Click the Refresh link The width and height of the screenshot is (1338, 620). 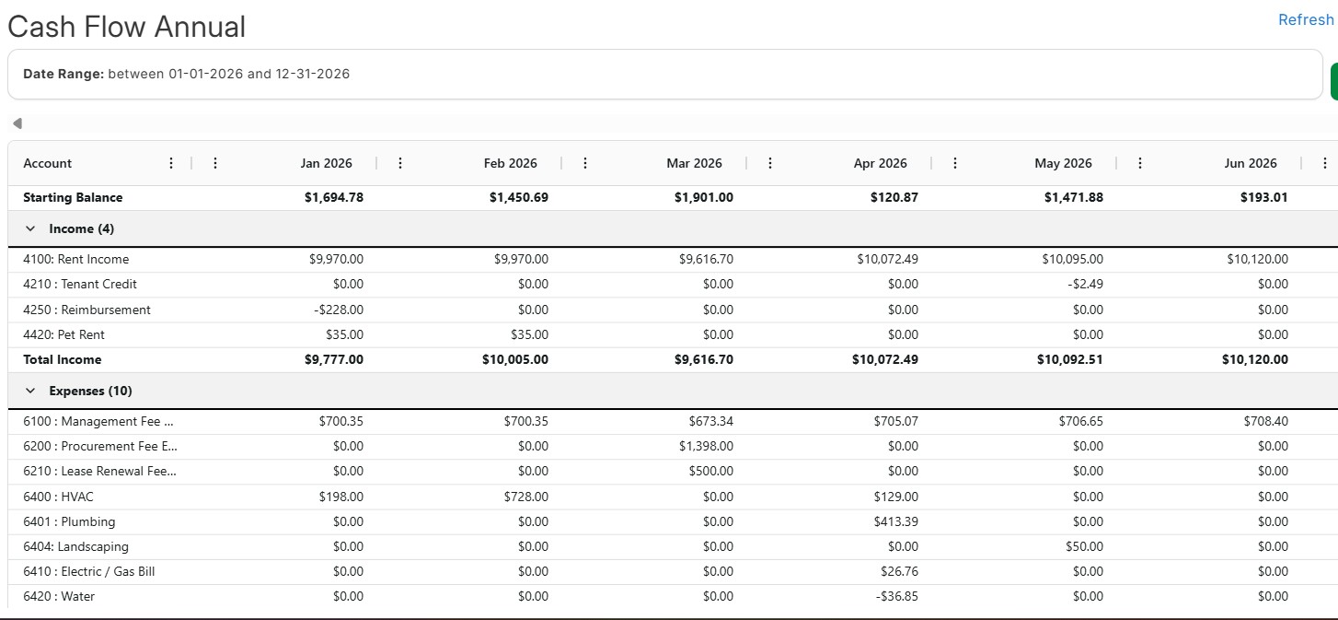tap(1306, 19)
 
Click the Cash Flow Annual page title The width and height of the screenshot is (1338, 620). tap(127, 27)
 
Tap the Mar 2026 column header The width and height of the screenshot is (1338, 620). tap(694, 163)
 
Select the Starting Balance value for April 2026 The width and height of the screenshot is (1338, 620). tap(894, 197)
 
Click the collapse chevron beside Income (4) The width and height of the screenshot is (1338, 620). tap(30, 228)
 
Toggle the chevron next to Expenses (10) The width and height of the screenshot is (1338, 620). tap(30, 391)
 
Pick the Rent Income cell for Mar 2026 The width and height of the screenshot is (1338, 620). tap(706, 259)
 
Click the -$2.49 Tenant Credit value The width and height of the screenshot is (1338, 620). tap(1085, 284)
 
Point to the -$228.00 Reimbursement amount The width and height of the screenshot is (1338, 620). tap(339, 310)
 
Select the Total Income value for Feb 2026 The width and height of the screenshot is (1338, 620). tap(515, 359)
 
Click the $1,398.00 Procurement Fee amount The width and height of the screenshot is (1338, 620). tap(706, 446)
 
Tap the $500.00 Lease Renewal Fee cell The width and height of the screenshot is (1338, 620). tap(710, 471)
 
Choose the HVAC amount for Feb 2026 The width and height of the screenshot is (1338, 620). tap(526, 497)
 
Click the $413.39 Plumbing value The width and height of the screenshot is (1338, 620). tap(896, 521)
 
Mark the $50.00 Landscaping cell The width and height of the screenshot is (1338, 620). tap(1084, 546)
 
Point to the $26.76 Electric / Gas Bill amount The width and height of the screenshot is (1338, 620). tap(900, 571)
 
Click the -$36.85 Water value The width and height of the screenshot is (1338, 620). tap(897, 596)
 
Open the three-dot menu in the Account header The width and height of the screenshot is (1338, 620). tap(171, 163)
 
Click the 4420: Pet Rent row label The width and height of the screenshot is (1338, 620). tap(63, 334)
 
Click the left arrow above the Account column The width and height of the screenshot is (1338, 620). tap(17, 123)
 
